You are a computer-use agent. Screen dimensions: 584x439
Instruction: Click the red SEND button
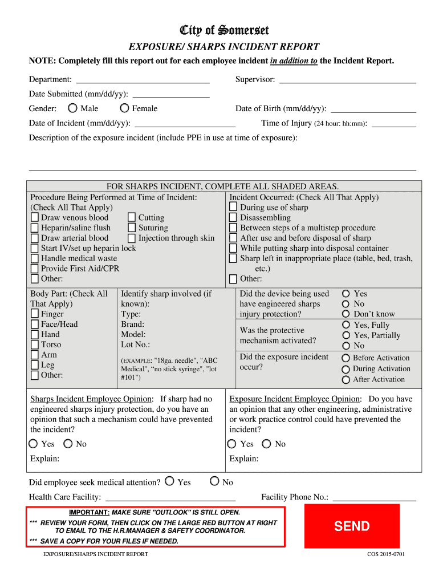pos(352,526)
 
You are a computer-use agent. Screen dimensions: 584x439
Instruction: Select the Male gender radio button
pos(72,108)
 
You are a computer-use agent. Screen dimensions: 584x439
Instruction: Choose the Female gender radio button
pos(124,108)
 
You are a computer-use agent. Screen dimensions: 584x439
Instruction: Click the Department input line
pos(143,80)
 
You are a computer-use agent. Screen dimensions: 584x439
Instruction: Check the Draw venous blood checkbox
pos(35,218)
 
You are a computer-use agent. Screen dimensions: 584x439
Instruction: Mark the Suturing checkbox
pos(132,228)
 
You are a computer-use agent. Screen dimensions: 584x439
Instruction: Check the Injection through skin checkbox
pos(132,238)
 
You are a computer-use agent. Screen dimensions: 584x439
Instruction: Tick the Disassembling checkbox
pos(233,218)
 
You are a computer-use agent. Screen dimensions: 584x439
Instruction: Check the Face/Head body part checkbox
pos(35,325)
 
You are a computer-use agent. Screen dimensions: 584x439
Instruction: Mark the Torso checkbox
pos(35,345)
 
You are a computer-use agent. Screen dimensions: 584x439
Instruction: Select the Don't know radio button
pos(345,314)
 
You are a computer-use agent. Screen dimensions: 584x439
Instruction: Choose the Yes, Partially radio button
pos(345,335)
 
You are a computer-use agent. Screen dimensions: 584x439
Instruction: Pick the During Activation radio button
pos(345,369)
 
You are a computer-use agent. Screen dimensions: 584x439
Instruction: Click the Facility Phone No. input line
pos(374,497)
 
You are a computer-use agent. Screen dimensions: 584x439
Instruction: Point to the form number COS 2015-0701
pos(385,554)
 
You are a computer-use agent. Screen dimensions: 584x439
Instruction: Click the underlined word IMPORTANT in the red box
pos(89,513)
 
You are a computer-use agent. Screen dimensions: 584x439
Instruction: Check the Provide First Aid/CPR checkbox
pos(35,269)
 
